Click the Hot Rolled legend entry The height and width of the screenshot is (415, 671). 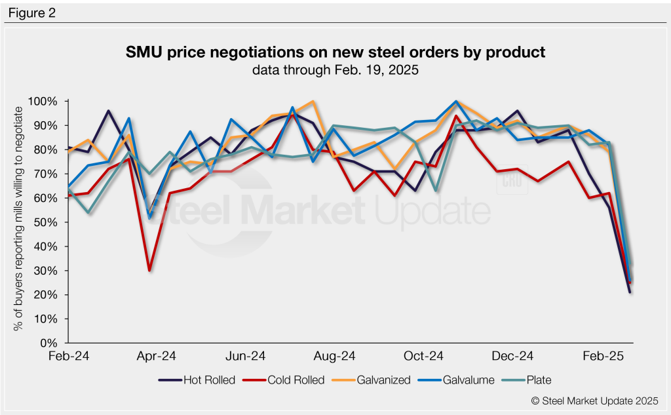click(197, 380)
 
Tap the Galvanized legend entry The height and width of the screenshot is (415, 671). click(375, 380)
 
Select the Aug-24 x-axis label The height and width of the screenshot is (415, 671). click(335, 357)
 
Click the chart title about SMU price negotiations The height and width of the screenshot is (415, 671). click(335, 52)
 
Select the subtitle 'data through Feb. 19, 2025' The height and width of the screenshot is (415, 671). click(335, 70)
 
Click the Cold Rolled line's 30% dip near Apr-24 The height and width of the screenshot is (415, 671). click(150, 270)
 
